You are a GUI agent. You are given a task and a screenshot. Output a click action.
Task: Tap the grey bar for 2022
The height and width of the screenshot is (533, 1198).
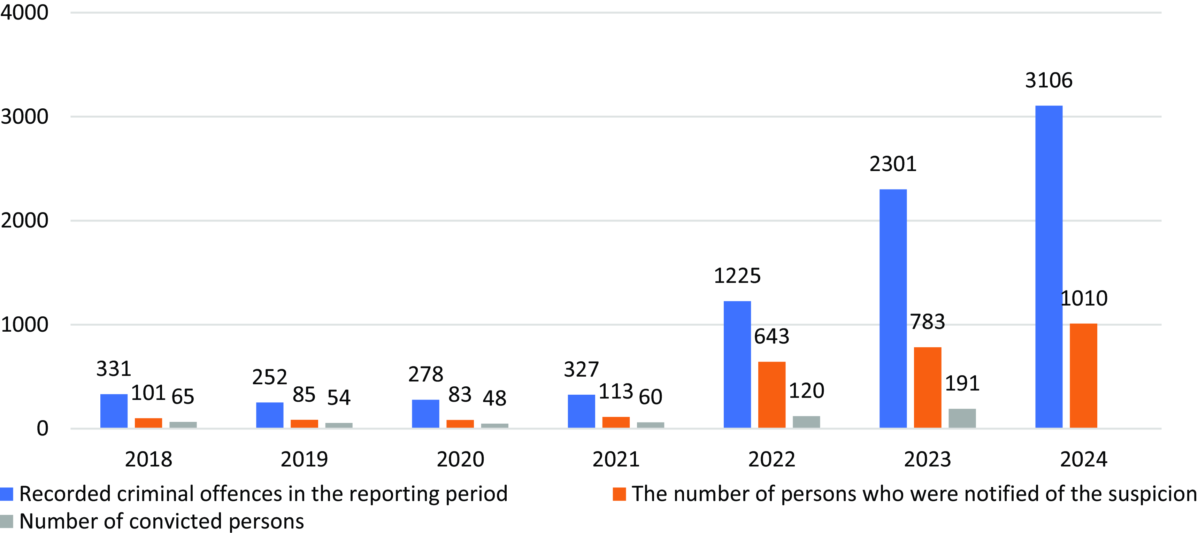pyautogui.click(x=806, y=422)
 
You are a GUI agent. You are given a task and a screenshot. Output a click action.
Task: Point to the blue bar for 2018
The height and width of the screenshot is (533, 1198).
pyautogui.click(x=114, y=411)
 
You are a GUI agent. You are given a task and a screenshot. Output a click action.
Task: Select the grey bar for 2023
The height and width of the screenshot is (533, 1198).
pyautogui.click(x=962, y=418)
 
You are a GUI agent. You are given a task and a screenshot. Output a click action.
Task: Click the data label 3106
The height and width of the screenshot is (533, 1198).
pyautogui.click(x=1049, y=80)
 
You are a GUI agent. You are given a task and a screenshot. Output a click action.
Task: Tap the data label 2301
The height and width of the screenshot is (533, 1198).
pyautogui.click(x=893, y=164)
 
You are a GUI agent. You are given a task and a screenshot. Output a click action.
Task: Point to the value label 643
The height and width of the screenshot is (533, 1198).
pyautogui.click(x=771, y=336)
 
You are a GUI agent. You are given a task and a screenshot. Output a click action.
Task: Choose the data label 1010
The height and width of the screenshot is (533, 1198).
pyautogui.click(x=1084, y=298)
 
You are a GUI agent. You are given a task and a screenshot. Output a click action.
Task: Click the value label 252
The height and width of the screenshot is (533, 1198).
pyautogui.click(x=270, y=377)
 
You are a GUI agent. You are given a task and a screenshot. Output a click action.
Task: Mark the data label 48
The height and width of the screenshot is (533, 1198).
pyautogui.click(x=494, y=398)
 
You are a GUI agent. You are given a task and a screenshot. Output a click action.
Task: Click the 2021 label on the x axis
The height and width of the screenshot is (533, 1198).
pyautogui.click(x=616, y=459)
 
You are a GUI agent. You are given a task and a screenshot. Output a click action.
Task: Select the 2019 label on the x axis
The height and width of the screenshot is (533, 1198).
pyautogui.click(x=304, y=459)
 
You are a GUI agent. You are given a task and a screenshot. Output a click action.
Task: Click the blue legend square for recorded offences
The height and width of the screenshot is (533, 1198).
pyautogui.click(x=7, y=494)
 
